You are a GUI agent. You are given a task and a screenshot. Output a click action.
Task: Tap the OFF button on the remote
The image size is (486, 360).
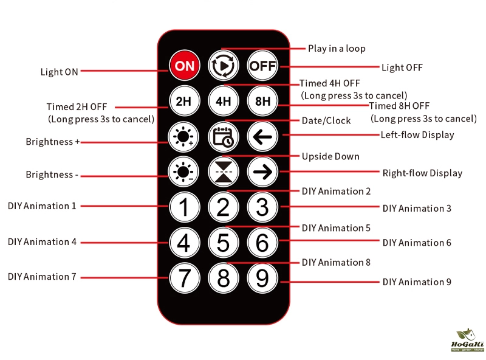click(x=262, y=66)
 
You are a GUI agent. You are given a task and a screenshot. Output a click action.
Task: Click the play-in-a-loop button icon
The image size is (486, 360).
click(x=223, y=66)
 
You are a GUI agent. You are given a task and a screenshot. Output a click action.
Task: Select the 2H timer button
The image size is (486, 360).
click(x=184, y=101)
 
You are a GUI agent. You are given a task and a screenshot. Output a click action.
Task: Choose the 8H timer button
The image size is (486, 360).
click(x=262, y=101)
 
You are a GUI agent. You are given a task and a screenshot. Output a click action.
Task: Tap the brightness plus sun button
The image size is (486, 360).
click(x=183, y=137)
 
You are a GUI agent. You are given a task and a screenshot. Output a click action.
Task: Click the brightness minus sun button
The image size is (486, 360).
click(x=183, y=171)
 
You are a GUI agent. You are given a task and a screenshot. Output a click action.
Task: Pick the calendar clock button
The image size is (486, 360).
click(x=223, y=137)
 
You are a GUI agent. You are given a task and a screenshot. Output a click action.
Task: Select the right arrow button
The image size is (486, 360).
click(x=262, y=171)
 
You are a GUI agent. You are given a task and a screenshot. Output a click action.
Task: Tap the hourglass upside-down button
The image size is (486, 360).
click(x=223, y=171)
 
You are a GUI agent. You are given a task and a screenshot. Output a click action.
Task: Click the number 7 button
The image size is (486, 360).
click(x=185, y=278)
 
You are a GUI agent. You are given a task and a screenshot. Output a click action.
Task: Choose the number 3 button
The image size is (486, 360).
click(x=262, y=207)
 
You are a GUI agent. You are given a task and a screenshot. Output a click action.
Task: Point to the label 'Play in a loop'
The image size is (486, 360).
click(x=337, y=49)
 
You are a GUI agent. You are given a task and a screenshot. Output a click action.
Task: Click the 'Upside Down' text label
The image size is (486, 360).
click(x=330, y=156)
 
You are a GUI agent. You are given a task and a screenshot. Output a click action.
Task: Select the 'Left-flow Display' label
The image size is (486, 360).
click(x=417, y=134)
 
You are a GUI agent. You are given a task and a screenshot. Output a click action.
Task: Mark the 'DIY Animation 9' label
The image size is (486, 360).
click(x=417, y=282)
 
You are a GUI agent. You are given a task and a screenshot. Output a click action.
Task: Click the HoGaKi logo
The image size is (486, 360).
click(x=468, y=340)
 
